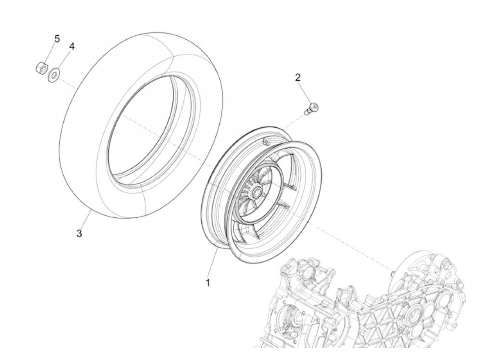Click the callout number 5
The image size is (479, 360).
pos(57,39)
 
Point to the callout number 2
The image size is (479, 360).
pos(298,77)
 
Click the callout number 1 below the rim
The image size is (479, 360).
pos(208,283)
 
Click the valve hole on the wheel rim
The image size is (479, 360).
pos(266,141)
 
